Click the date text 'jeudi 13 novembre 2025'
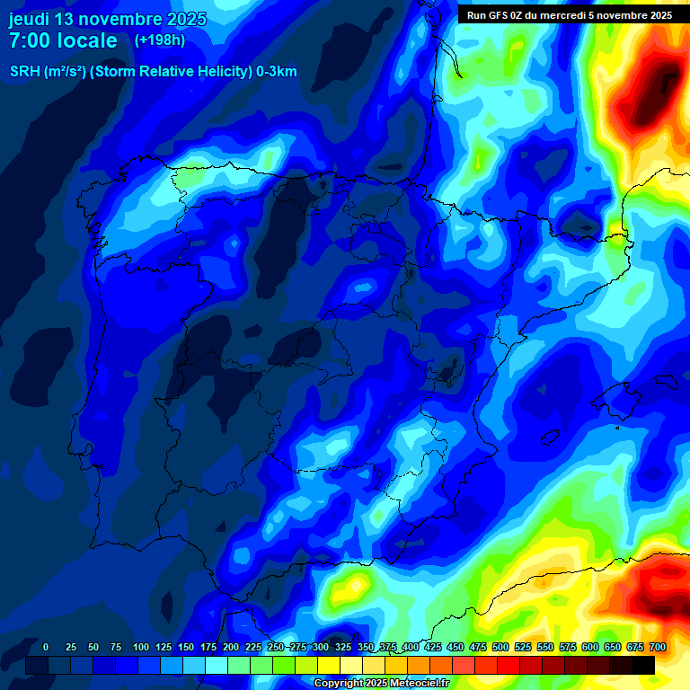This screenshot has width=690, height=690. click(x=108, y=19)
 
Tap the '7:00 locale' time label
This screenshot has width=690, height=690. click(x=63, y=40)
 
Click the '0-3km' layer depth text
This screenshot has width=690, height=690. click(x=277, y=72)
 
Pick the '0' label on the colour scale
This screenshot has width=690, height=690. click(x=46, y=647)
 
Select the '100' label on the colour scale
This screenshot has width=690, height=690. click(x=141, y=647)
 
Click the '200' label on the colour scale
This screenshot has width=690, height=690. click(x=231, y=647)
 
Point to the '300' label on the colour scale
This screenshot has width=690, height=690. click(x=321, y=647)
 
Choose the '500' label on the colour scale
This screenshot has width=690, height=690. click(x=500, y=647)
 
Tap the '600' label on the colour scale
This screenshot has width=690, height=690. click(x=590, y=647)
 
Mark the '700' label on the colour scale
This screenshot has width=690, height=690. click(x=658, y=647)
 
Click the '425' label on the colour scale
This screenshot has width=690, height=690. click(x=433, y=647)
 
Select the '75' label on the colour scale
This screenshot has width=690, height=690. click(x=116, y=647)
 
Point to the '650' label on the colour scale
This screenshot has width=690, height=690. click(x=613, y=647)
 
